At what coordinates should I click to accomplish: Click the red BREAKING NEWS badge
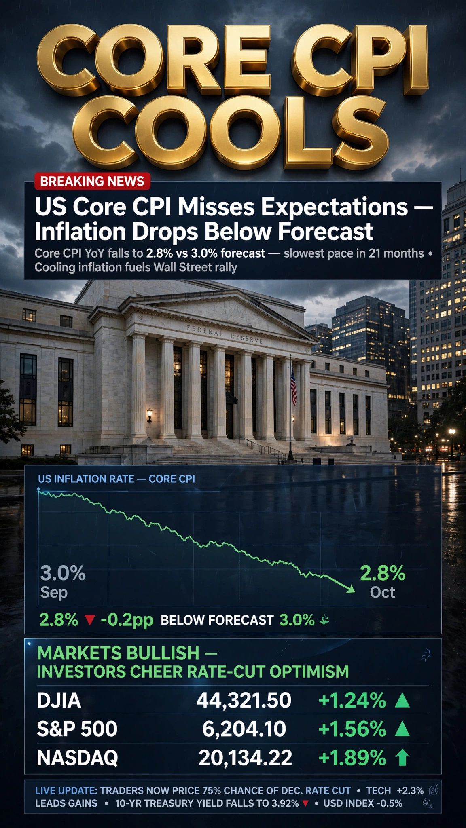[92, 181]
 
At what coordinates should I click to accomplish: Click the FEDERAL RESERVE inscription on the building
[225, 335]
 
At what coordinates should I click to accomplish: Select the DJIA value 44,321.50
[244, 700]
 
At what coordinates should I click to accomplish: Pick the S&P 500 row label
[77, 729]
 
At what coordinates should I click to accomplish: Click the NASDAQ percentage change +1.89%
[352, 758]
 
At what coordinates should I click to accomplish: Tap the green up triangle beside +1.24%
[402, 700]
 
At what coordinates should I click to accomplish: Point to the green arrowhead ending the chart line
[351, 589]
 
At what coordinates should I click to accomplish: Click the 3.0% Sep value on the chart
[63, 573]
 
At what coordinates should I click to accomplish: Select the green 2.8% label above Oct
[383, 573]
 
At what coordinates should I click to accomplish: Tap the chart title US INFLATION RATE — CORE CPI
[116, 479]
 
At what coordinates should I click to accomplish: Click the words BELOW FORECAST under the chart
[217, 620]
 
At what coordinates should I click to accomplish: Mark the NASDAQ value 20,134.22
[245, 758]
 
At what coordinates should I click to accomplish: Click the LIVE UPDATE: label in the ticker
[66, 790]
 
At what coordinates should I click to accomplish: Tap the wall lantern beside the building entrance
[149, 414]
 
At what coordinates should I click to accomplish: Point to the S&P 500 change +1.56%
[352, 729]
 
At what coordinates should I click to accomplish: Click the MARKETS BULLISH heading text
[118, 653]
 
